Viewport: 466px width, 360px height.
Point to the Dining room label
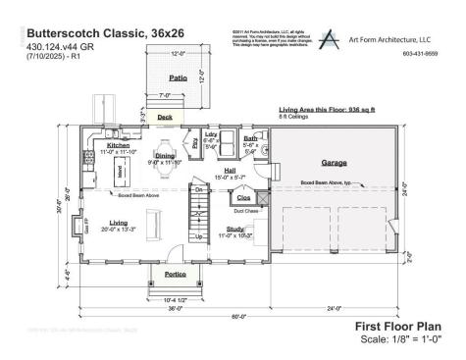pos(165,155)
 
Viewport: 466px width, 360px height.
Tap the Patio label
pos(178,76)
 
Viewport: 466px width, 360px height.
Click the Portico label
pos(176,274)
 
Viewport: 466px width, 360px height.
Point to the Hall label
pos(229,170)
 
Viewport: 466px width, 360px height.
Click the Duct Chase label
pos(245,210)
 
